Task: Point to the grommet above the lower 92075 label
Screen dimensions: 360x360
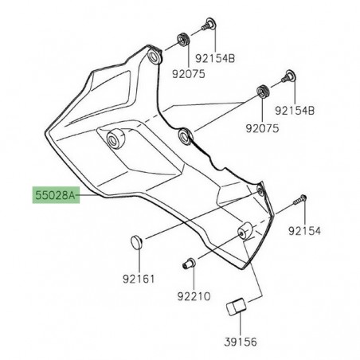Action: point(261,92)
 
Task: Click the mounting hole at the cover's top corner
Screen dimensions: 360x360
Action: point(152,57)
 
